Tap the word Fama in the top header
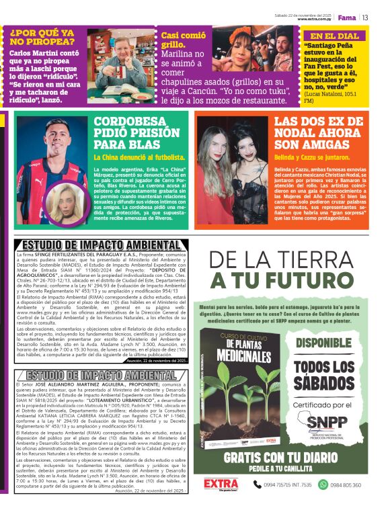click(347, 17)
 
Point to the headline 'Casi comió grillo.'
click(182, 42)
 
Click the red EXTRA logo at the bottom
click(219, 484)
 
